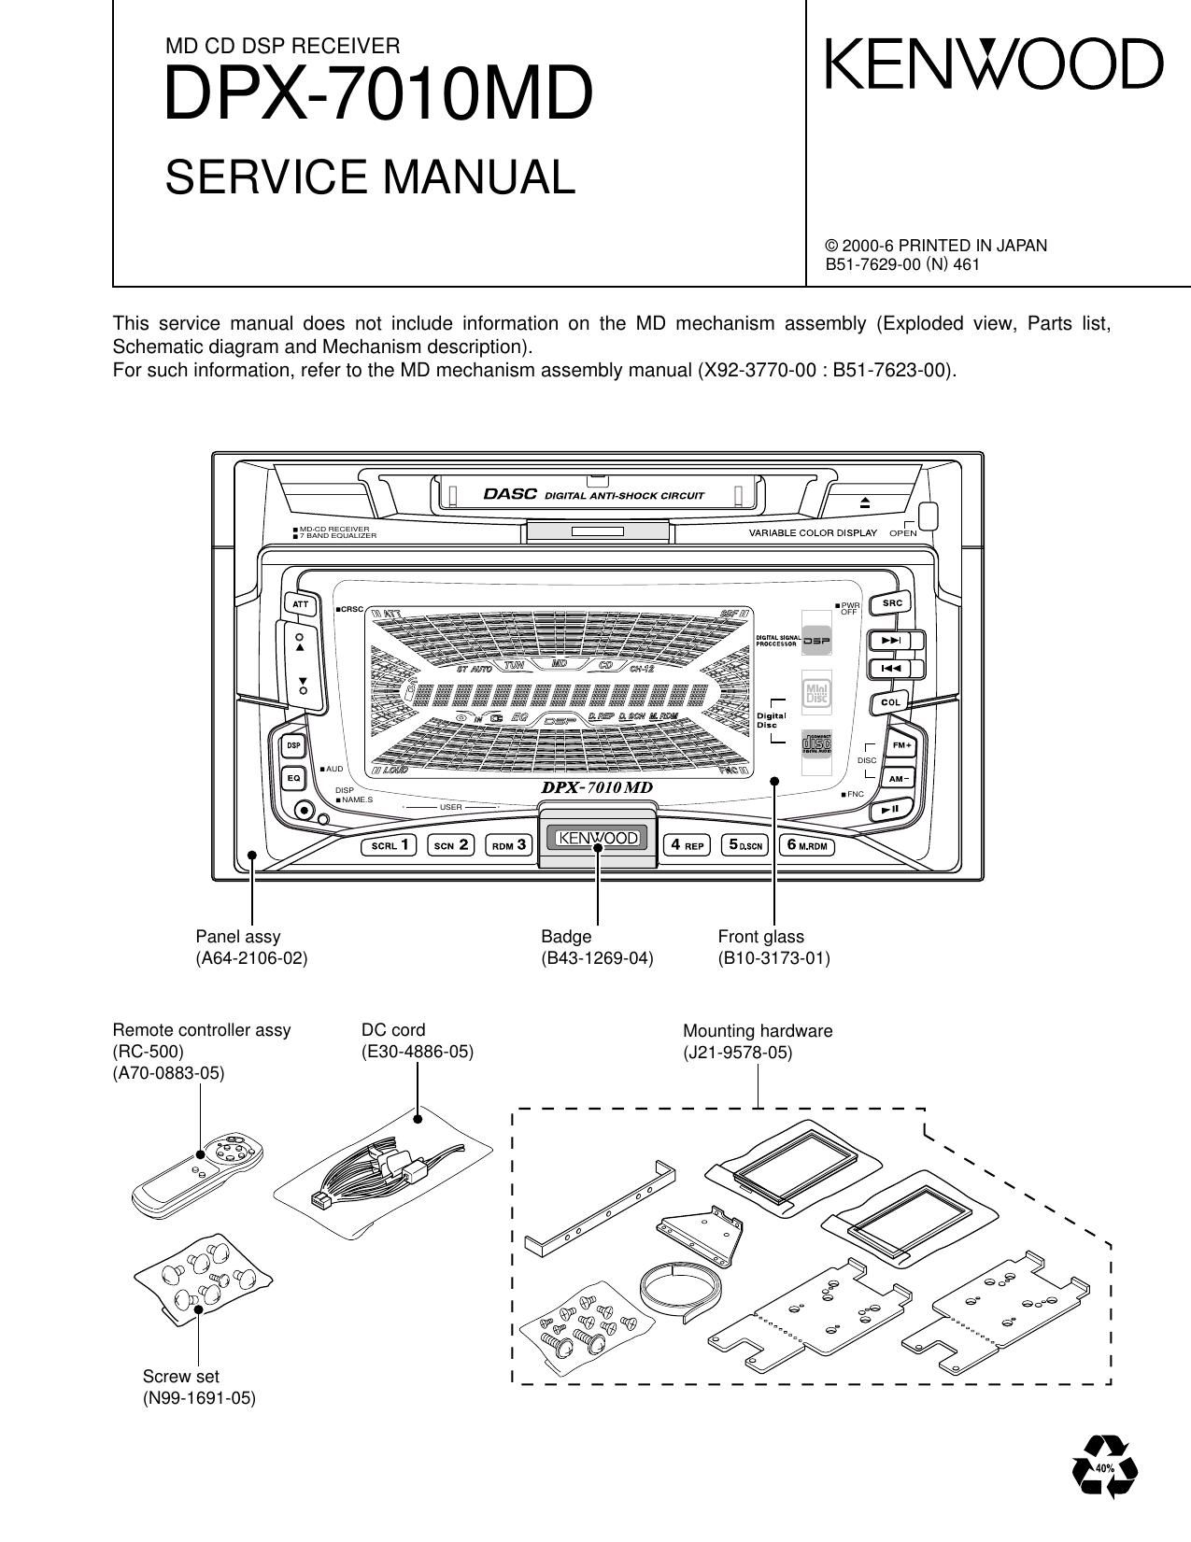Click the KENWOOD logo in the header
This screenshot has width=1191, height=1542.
[x=994, y=64]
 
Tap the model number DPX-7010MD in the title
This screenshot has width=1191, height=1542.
[x=378, y=95]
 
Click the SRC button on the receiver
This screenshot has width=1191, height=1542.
[x=892, y=603]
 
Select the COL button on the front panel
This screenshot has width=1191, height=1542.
[x=892, y=702]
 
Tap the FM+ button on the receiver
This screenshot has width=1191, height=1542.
[x=901, y=745]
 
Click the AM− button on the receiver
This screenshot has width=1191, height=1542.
[x=900, y=778]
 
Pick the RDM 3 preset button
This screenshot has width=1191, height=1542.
[x=510, y=846]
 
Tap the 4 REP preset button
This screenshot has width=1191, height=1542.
[x=687, y=846]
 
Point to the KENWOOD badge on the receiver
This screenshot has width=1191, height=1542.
[x=597, y=839]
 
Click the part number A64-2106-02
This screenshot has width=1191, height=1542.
[x=251, y=958]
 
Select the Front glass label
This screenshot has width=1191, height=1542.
[x=760, y=936]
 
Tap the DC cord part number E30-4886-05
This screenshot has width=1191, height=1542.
[x=418, y=1052]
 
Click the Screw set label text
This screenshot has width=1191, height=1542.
[x=181, y=1376]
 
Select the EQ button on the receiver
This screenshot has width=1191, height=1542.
[x=293, y=777]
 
